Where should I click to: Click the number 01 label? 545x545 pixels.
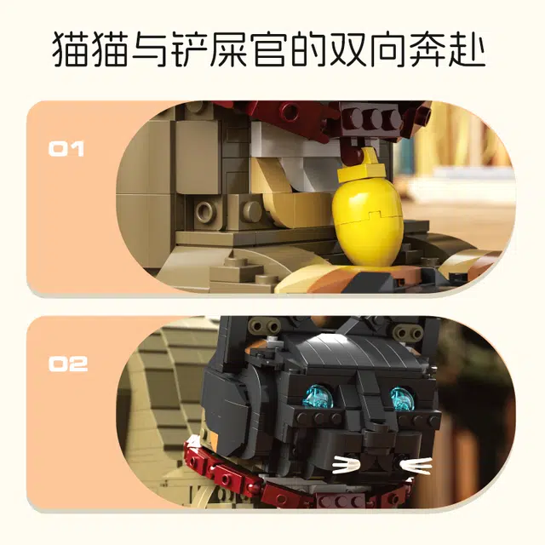click(66, 149)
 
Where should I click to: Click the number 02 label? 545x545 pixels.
click(67, 364)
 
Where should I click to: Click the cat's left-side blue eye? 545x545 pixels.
click(319, 397)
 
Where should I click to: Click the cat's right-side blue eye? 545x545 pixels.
click(403, 399)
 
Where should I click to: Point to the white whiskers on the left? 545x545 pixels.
click(346, 465)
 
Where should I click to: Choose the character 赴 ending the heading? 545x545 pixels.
click(467, 49)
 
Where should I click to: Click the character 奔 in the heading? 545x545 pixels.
click(427, 49)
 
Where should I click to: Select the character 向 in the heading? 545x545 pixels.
click(389, 49)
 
